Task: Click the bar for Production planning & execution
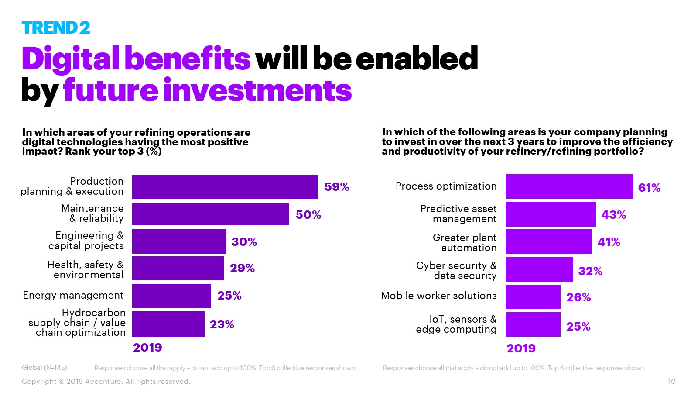(225, 187)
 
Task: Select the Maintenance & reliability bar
(210, 214)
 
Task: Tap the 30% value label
(244, 242)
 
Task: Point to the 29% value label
(242, 268)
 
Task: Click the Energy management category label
(73, 296)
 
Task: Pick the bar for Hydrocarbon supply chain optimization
(168, 324)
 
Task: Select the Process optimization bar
(569, 186)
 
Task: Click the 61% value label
(649, 188)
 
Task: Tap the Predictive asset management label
(458, 214)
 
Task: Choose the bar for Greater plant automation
(548, 241)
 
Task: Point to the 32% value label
(590, 271)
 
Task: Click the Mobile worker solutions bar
(533, 297)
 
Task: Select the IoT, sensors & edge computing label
(456, 324)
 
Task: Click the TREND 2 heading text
(56, 28)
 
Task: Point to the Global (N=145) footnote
(44, 368)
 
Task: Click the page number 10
(671, 382)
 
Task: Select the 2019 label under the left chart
(147, 348)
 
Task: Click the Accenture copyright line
(106, 382)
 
